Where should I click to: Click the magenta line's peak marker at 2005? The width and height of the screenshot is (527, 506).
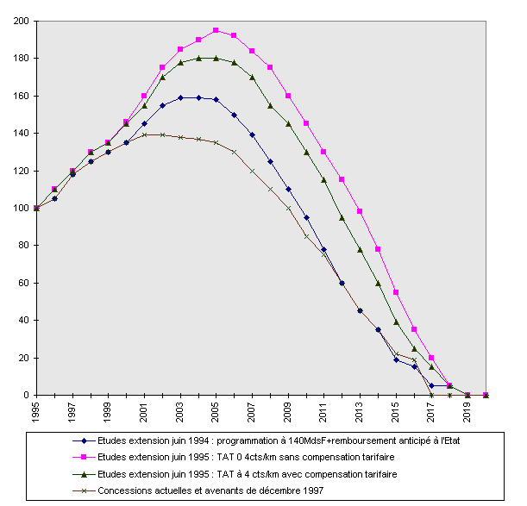(216, 30)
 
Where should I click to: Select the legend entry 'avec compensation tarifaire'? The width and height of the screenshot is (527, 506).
(251, 474)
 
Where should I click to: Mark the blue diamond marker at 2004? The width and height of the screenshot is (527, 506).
(198, 97)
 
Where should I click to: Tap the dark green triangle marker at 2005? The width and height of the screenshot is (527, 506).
(216, 58)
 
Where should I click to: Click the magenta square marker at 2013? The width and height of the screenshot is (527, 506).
(360, 211)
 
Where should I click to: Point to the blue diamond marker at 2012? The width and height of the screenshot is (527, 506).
(342, 283)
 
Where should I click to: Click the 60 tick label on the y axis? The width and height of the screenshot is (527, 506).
(23, 283)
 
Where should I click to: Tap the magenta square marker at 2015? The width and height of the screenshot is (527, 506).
(396, 292)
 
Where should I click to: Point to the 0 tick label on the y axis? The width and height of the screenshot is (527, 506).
(27, 395)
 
